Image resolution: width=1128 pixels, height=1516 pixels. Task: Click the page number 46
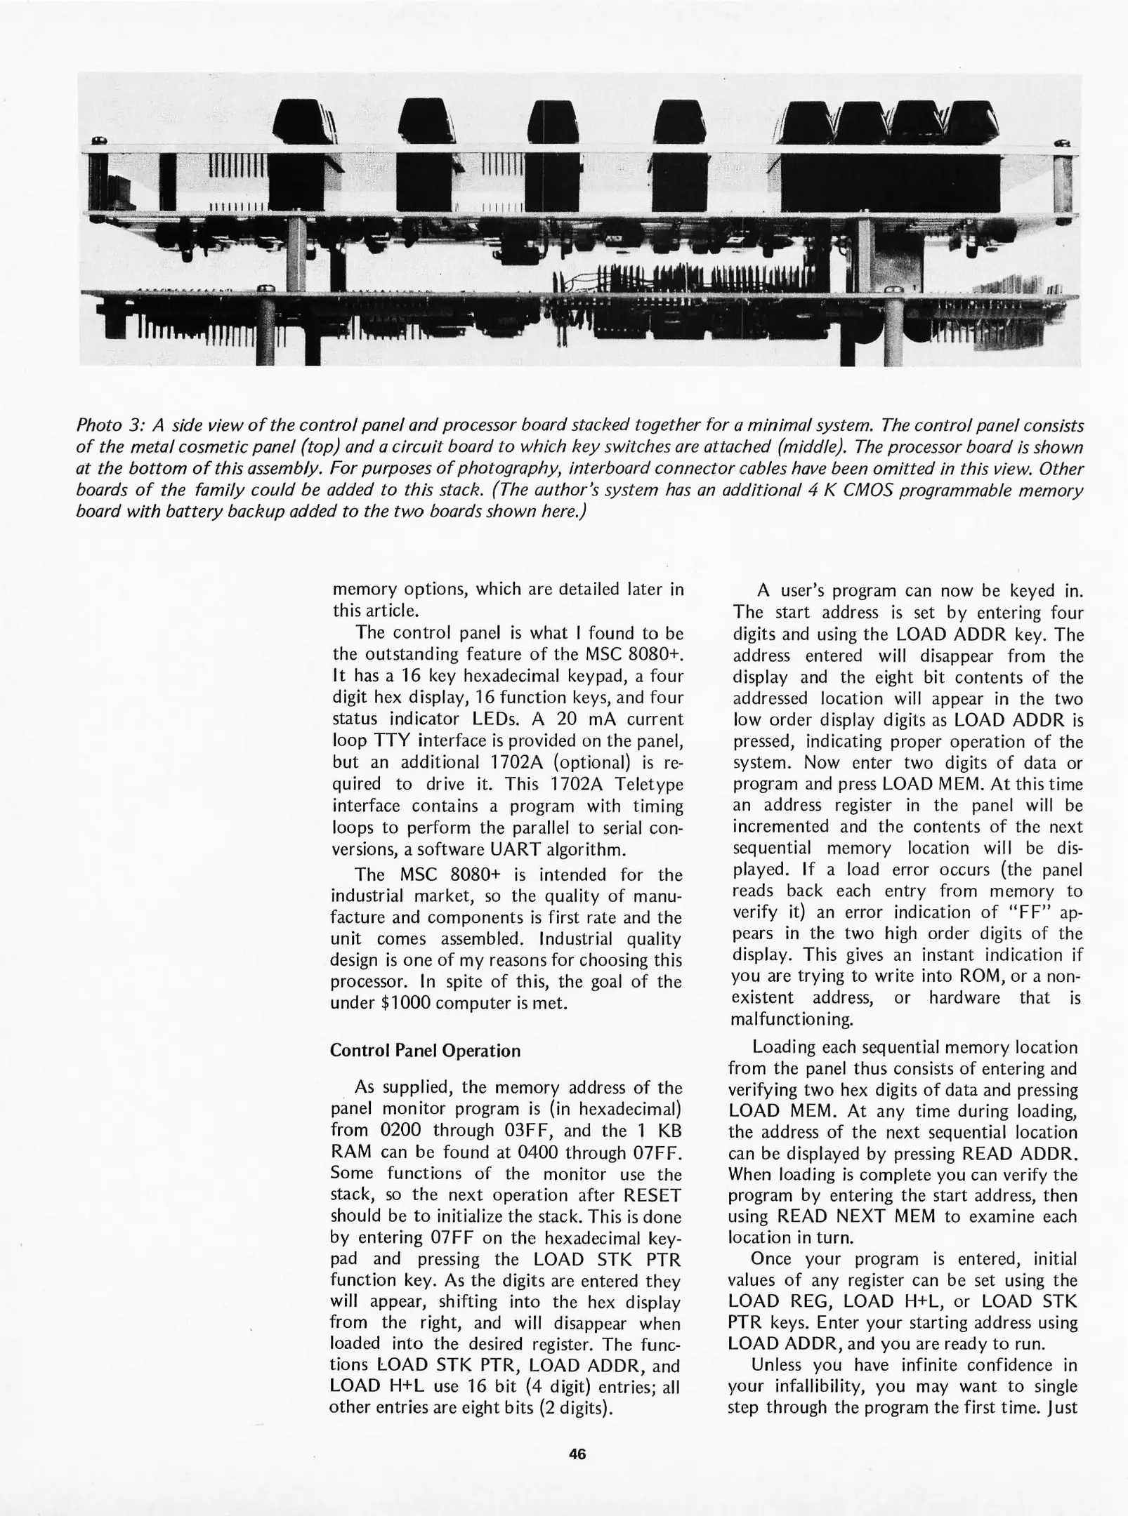click(x=577, y=1454)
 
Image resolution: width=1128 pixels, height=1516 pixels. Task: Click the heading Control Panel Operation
click(x=425, y=1051)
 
